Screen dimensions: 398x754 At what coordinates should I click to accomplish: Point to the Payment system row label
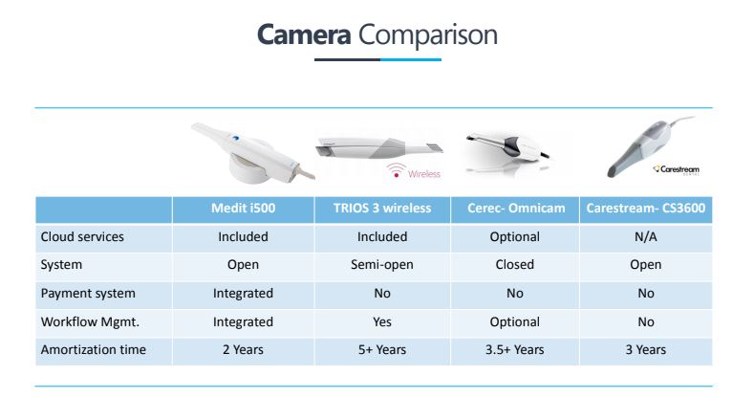point(87,294)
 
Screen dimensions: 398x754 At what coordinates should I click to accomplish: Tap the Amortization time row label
point(93,350)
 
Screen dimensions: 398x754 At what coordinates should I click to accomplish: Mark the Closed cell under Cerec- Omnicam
point(514,265)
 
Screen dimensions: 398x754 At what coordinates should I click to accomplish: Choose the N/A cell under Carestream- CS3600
point(646,237)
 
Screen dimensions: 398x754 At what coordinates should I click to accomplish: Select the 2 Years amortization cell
point(243,350)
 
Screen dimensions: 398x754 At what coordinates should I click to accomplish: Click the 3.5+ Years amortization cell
point(514,350)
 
